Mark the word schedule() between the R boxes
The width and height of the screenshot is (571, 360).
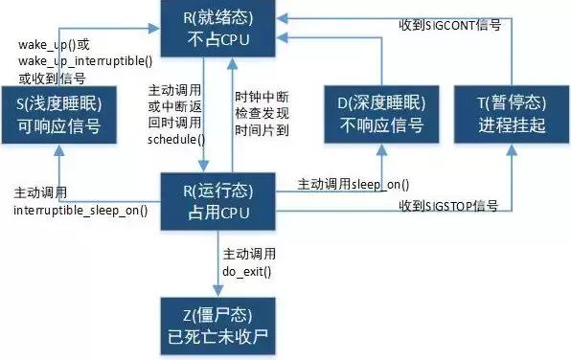[x=171, y=140]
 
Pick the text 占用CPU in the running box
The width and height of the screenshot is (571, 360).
[x=219, y=212]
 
